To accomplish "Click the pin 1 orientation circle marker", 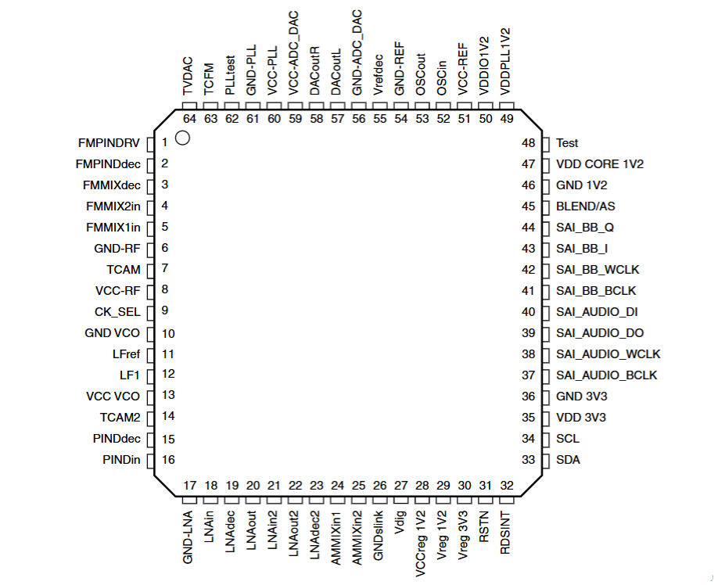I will coord(183,138).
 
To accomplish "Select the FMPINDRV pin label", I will coord(109,143).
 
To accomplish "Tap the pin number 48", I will coord(529,143).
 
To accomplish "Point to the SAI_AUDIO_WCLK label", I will coord(609,354).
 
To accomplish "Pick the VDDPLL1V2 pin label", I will coord(506,60).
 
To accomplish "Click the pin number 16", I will coord(168,460).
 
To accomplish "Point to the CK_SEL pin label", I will coord(117,311).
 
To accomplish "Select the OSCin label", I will coord(443,78).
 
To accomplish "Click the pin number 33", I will coord(529,460).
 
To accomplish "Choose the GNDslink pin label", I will coord(379,533).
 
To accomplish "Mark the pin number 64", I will coord(189,118).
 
